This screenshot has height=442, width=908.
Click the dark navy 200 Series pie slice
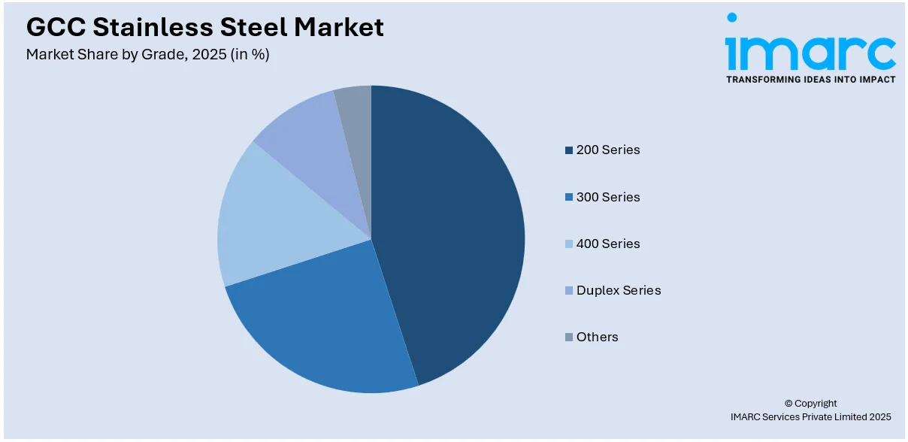click(x=451, y=226)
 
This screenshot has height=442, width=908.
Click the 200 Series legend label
click(x=607, y=150)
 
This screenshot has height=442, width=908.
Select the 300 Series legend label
click(x=607, y=197)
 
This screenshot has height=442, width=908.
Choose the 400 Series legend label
click(x=607, y=244)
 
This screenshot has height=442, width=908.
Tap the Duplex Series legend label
click(x=618, y=290)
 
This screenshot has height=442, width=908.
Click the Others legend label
click(x=597, y=337)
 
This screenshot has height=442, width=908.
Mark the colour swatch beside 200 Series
click(x=569, y=150)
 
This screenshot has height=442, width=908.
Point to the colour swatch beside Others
click(x=569, y=338)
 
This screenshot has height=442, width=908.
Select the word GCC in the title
click(x=54, y=27)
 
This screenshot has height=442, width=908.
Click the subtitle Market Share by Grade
click(x=147, y=55)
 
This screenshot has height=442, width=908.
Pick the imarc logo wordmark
click(x=810, y=49)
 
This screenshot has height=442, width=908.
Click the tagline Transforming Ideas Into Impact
click(x=810, y=79)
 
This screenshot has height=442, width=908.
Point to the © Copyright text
click(x=810, y=403)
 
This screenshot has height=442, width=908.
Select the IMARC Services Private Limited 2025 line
click(x=810, y=416)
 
